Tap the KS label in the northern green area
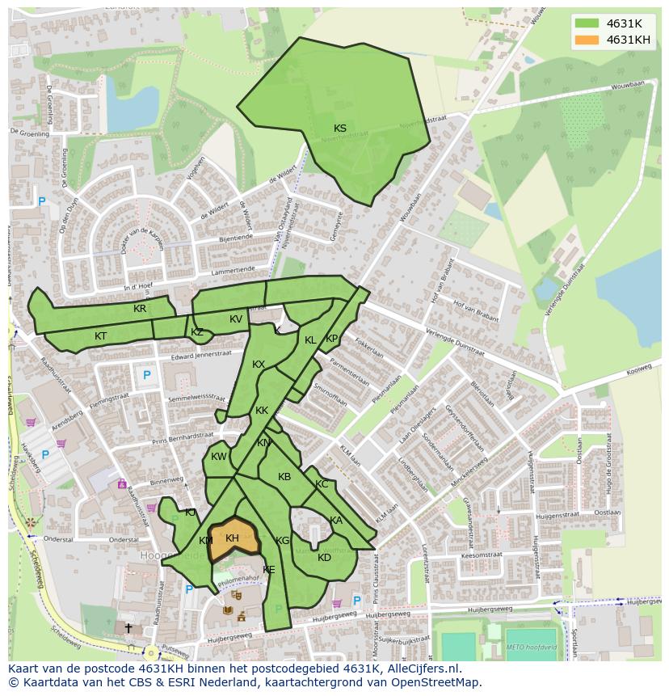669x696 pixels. (x=340, y=129)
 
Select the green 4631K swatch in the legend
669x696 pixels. (x=587, y=23)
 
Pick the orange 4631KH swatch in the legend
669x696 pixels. (x=587, y=40)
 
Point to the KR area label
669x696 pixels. (x=140, y=309)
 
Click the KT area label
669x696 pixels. (x=100, y=335)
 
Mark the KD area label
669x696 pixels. (x=324, y=558)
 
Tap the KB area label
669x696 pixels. (x=284, y=477)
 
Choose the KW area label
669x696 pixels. (x=219, y=457)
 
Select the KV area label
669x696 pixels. (x=236, y=319)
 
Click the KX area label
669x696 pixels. (x=259, y=365)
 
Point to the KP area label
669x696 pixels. (x=331, y=339)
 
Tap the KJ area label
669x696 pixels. (x=190, y=513)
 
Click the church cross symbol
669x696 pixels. (x=128, y=627)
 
